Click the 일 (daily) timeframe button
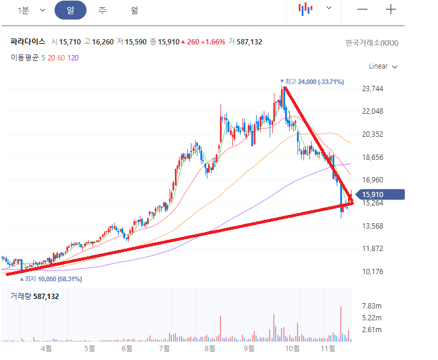[70, 10]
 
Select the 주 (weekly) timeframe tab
[103, 10]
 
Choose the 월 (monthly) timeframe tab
[135, 10]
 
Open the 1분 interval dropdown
[31, 10]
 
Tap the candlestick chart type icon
[305, 9]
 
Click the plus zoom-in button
[391, 9]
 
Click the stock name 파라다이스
[28, 42]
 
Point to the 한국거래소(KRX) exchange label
[372, 43]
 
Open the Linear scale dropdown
[383, 66]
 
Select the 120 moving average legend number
[73, 57]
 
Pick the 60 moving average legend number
[61, 57]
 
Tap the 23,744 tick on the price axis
[373, 89]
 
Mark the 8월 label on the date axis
[209, 349]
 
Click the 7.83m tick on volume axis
[371, 306]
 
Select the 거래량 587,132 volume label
[35, 296]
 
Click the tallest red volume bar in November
[341, 323]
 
